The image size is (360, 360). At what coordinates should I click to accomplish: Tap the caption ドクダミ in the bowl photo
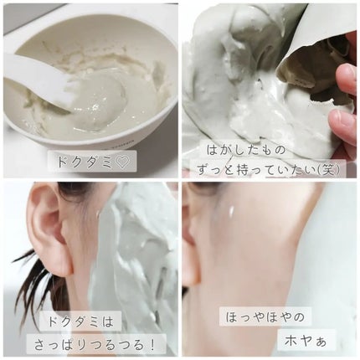coord(83,162)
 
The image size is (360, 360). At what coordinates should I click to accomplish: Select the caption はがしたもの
coord(246,151)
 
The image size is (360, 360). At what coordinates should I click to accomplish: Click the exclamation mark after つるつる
coord(152,346)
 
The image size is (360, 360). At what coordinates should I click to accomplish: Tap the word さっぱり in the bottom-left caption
coord(61,346)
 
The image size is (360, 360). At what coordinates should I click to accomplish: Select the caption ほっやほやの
coord(265,317)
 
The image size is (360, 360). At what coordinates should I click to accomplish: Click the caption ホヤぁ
coord(306,340)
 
